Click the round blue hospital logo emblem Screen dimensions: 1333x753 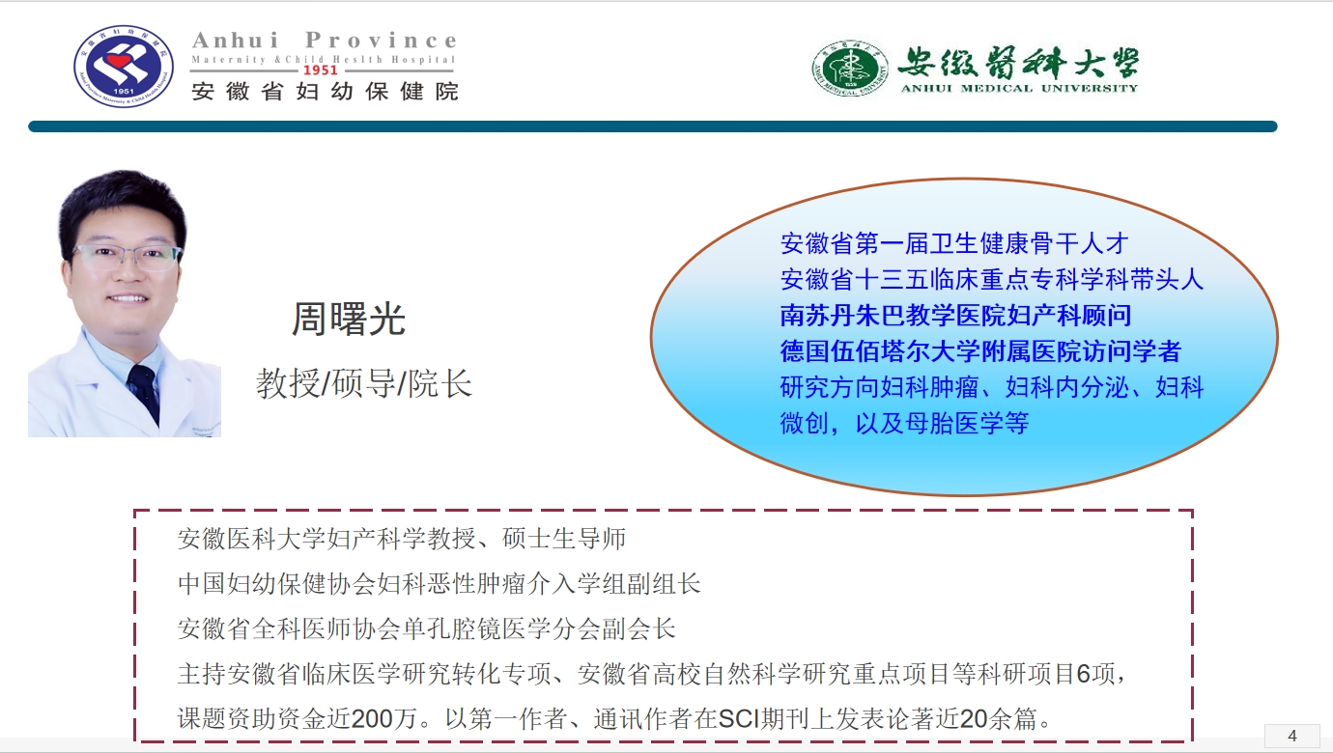(124, 66)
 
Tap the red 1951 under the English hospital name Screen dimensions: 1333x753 (321, 70)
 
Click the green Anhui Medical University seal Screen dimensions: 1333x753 (850, 69)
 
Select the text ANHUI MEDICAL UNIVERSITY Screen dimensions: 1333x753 (1019, 88)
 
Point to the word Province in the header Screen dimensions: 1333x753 (382, 40)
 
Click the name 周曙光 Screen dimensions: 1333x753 (348, 320)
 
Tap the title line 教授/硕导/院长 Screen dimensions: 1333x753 (364, 383)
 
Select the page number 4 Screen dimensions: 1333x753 (1291, 736)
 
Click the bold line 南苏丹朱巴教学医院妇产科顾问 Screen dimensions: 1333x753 (955, 316)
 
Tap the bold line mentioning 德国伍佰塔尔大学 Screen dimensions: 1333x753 (980, 351)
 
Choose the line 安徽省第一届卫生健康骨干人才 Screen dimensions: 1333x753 (954, 243)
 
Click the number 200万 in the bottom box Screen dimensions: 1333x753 (383, 718)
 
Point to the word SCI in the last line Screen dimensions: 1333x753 (739, 718)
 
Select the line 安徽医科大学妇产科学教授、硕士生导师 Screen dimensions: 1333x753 (402, 539)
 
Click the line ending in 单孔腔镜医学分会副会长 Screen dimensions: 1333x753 (427, 628)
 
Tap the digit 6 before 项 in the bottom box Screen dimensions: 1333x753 (1083, 674)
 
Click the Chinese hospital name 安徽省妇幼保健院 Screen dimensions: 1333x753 (325, 92)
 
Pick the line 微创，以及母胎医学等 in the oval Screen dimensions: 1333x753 (904, 423)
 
